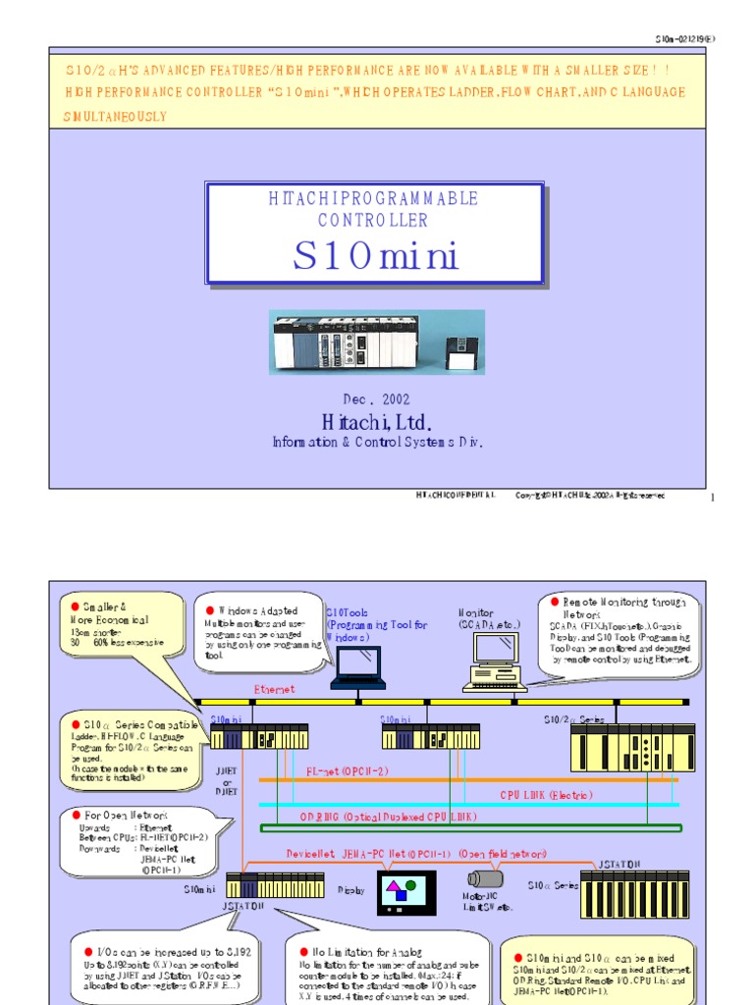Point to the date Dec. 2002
376,399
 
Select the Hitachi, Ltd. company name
376,422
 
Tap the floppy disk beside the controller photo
461,351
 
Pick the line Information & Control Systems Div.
377,443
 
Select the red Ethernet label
274,690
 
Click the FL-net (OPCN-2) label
348,771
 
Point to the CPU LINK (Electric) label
547,794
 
